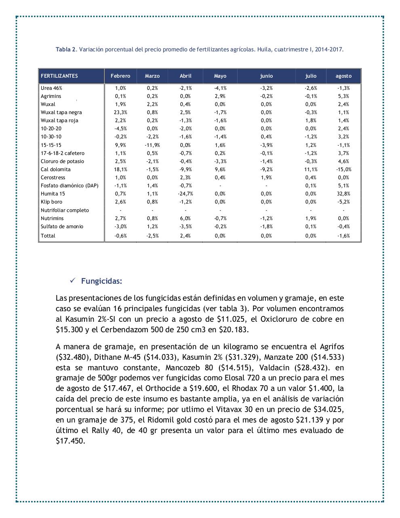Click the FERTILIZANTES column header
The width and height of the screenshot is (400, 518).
(x=59, y=76)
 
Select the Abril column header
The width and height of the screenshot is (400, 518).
(x=185, y=76)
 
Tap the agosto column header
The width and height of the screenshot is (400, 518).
(x=343, y=76)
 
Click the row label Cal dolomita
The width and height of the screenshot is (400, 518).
(x=56, y=170)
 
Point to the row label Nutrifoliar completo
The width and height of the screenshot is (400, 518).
(x=65, y=210)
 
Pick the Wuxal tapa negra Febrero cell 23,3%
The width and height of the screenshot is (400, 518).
(x=120, y=113)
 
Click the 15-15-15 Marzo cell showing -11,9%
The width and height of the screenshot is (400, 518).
(x=152, y=145)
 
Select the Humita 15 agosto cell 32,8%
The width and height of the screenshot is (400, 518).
(x=343, y=194)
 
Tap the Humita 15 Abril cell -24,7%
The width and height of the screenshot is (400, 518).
(x=185, y=194)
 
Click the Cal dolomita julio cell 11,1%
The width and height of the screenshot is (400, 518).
(x=311, y=170)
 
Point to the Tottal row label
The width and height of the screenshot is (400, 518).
(x=48, y=236)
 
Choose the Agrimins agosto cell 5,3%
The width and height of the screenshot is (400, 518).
(x=343, y=96)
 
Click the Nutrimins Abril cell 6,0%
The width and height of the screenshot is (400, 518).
(x=185, y=219)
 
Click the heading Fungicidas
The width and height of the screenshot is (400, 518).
(x=101, y=281)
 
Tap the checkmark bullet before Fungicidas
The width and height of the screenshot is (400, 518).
(x=73, y=281)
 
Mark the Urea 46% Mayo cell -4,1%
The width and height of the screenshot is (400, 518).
(x=220, y=88)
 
